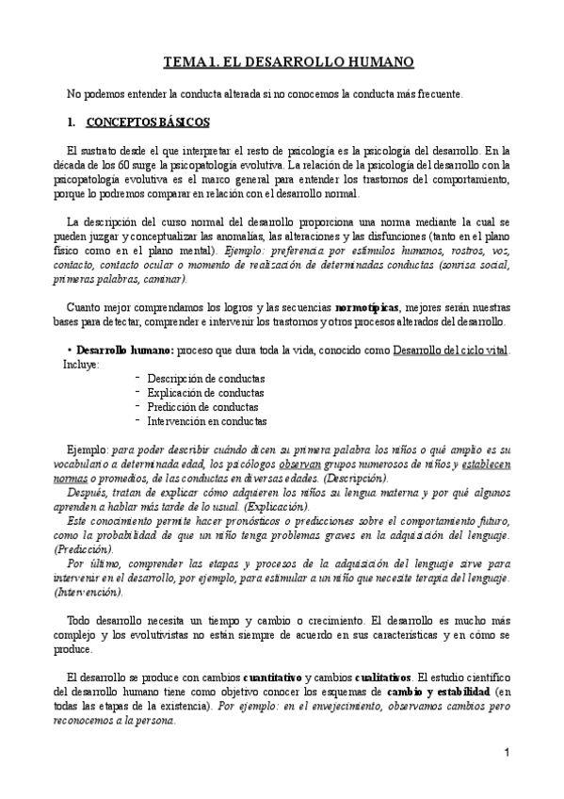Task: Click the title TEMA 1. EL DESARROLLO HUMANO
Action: click(x=289, y=63)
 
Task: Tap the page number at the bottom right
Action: click(x=507, y=752)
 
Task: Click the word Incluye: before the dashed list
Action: click(x=80, y=363)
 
